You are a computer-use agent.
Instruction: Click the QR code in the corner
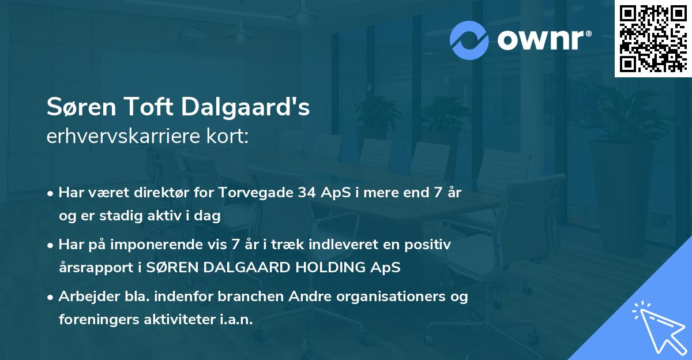pyautogui.click(x=653, y=39)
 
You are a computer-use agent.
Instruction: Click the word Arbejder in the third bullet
pyautogui.click(x=82, y=297)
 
